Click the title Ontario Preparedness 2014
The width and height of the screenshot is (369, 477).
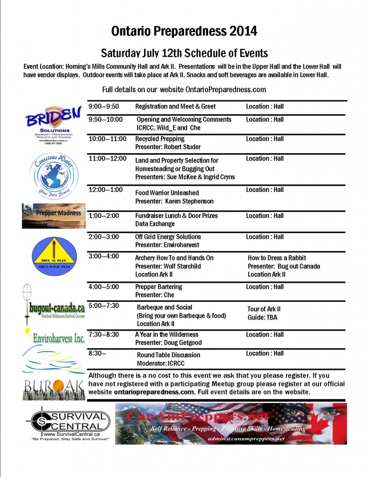click(x=184, y=31)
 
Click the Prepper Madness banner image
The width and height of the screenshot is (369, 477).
click(x=54, y=215)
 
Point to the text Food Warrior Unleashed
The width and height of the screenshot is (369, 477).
click(x=167, y=193)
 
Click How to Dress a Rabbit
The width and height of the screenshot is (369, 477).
click(x=277, y=258)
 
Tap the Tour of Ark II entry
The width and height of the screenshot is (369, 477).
click(x=264, y=309)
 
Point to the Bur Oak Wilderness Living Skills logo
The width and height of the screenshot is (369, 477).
click(x=53, y=389)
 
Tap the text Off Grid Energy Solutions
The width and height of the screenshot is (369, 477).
click(x=168, y=237)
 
